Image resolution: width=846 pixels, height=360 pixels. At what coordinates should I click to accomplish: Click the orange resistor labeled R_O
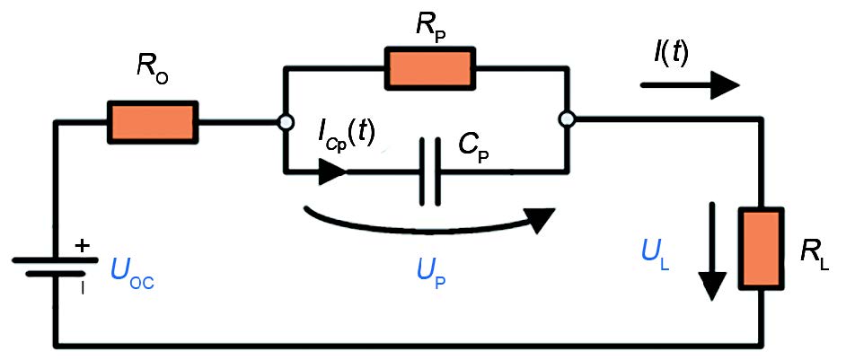pyautogui.click(x=153, y=121)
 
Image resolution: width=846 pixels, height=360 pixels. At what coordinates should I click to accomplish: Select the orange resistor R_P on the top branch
pyautogui.click(x=428, y=68)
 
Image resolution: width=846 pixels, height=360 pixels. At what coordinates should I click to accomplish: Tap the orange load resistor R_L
pyautogui.click(x=761, y=249)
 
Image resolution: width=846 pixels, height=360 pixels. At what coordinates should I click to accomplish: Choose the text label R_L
pyautogui.click(x=815, y=253)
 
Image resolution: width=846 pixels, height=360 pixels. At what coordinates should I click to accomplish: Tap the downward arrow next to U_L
pyautogui.click(x=712, y=250)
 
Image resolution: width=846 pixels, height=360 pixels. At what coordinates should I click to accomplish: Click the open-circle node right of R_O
pyautogui.click(x=285, y=121)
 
